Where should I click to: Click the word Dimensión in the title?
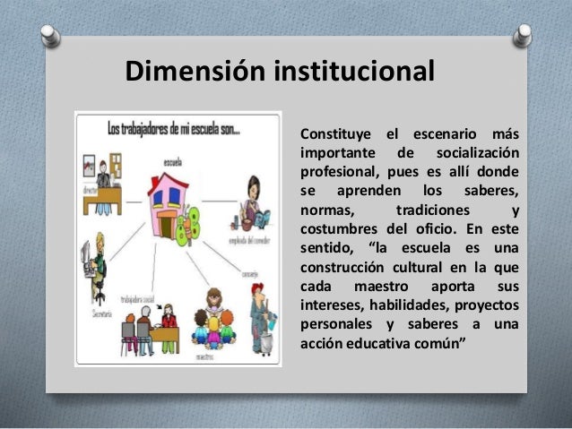[178, 71]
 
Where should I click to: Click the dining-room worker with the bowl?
[252, 206]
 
